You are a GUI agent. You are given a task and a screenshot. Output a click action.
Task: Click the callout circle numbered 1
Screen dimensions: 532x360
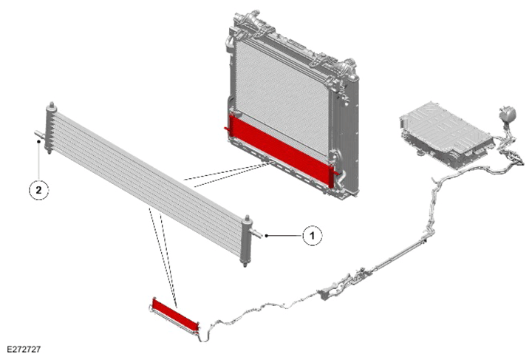tap(312, 235)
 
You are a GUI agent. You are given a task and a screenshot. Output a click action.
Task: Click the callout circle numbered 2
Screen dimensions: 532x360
tap(38, 190)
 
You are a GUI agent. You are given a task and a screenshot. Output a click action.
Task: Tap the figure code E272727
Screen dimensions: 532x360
tap(24, 349)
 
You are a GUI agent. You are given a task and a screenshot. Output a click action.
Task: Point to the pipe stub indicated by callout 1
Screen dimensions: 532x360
tap(256, 233)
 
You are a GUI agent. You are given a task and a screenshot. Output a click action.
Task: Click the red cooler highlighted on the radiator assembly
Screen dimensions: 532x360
tap(281, 149)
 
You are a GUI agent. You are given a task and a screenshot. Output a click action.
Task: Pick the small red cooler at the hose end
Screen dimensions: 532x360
tap(175, 316)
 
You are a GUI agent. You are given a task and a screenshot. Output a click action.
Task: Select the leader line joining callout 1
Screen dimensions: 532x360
tap(284, 236)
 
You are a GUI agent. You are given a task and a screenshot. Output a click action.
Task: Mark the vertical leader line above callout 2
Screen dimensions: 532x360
tap(38, 161)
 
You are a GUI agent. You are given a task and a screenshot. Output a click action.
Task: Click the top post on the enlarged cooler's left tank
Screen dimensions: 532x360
tap(52, 105)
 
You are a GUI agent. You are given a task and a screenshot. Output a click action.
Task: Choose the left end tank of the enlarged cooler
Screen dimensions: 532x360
tap(50, 129)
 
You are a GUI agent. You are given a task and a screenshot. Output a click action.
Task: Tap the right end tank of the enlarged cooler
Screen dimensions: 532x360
tap(246, 241)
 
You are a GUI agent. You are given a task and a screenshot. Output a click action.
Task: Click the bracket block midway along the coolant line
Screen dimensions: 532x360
tap(326, 294)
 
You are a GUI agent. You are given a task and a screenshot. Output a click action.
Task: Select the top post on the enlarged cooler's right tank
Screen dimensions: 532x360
tap(247, 218)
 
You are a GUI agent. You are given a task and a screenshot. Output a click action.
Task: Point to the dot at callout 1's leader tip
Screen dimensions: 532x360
tap(267, 236)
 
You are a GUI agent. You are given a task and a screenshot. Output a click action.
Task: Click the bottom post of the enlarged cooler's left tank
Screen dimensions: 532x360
tap(50, 151)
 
